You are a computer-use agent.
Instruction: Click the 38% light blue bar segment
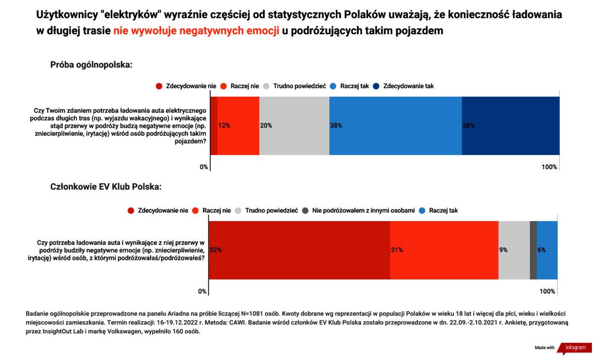(395, 126)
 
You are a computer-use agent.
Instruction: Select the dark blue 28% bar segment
(511, 126)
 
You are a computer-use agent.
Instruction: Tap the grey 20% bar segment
(294, 126)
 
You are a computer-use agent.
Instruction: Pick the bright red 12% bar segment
(239, 126)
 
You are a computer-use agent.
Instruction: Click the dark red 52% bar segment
(299, 250)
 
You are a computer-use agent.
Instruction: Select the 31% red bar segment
(444, 250)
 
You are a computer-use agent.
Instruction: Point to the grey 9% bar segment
(514, 250)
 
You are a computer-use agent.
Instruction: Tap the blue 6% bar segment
(547, 250)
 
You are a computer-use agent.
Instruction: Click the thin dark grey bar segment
(534, 250)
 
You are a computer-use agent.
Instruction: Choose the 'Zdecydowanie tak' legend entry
(403, 86)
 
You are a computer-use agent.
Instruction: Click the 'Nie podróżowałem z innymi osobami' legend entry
(358, 210)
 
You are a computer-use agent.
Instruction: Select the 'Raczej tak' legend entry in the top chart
(349, 86)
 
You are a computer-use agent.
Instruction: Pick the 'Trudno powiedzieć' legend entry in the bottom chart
(266, 210)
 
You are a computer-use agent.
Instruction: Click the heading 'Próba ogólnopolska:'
(91, 65)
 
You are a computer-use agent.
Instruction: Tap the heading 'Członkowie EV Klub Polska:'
(106, 187)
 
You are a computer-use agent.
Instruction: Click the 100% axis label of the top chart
(549, 167)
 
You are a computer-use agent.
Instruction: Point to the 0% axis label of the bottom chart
(202, 292)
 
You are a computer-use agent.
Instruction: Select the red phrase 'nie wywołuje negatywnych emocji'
(196, 31)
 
